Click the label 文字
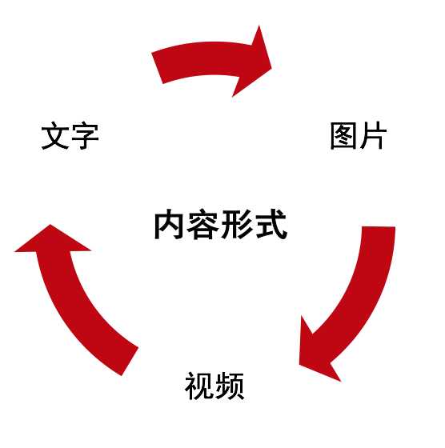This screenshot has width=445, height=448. click(x=70, y=135)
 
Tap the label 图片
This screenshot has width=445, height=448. click(x=359, y=135)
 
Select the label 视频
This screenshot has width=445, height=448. click(x=214, y=386)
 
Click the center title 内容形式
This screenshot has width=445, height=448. click(x=221, y=224)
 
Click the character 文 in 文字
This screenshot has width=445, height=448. click(x=55, y=135)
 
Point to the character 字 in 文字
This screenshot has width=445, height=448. click(x=85, y=136)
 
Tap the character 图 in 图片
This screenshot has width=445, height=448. click(x=343, y=136)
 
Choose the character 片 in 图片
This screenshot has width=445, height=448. click(x=373, y=135)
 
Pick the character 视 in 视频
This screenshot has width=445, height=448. click(x=199, y=386)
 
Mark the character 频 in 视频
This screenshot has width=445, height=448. click(x=230, y=386)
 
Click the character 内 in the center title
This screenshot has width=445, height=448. click(x=169, y=224)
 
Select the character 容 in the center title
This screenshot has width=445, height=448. click(x=203, y=224)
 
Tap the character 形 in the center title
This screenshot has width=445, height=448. click(x=237, y=224)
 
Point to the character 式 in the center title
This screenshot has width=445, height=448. click(x=271, y=224)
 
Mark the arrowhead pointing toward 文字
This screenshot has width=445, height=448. click(x=51, y=240)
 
